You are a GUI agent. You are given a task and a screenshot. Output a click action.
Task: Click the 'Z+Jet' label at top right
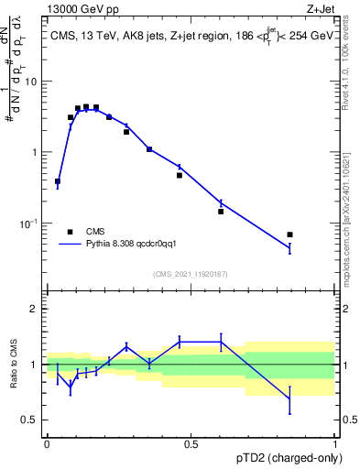click(x=318, y=8)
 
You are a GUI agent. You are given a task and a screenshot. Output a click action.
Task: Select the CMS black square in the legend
click(x=70, y=232)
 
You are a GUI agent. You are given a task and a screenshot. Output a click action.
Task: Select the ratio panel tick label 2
click(x=36, y=310)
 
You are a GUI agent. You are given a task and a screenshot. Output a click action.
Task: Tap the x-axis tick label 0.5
click(x=191, y=443)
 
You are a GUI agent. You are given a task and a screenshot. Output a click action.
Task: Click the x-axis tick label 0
click(x=47, y=443)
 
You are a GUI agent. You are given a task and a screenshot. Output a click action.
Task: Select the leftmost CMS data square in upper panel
click(x=58, y=181)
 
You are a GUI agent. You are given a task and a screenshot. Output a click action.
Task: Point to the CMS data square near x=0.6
click(x=221, y=212)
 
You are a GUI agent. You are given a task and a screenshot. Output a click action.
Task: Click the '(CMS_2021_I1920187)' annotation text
click(x=191, y=274)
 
